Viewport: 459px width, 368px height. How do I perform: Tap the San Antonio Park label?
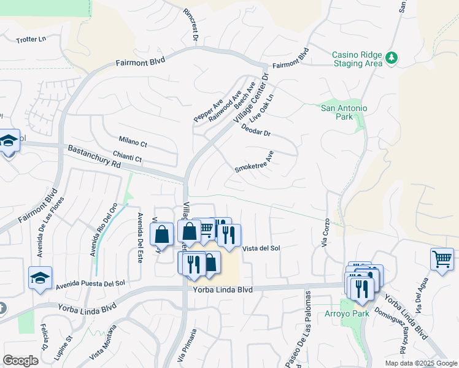(344, 112)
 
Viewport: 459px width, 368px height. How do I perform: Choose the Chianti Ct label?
(128, 158)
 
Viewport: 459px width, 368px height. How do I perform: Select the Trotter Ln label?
(31, 39)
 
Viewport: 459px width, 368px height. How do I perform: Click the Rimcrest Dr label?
(191, 25)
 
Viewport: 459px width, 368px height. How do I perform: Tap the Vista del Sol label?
(261, 248)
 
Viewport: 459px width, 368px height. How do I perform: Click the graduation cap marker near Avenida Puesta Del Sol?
(40, 277)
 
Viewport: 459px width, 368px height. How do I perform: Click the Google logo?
(20, 361)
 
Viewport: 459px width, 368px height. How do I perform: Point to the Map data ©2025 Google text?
(420, 363)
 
